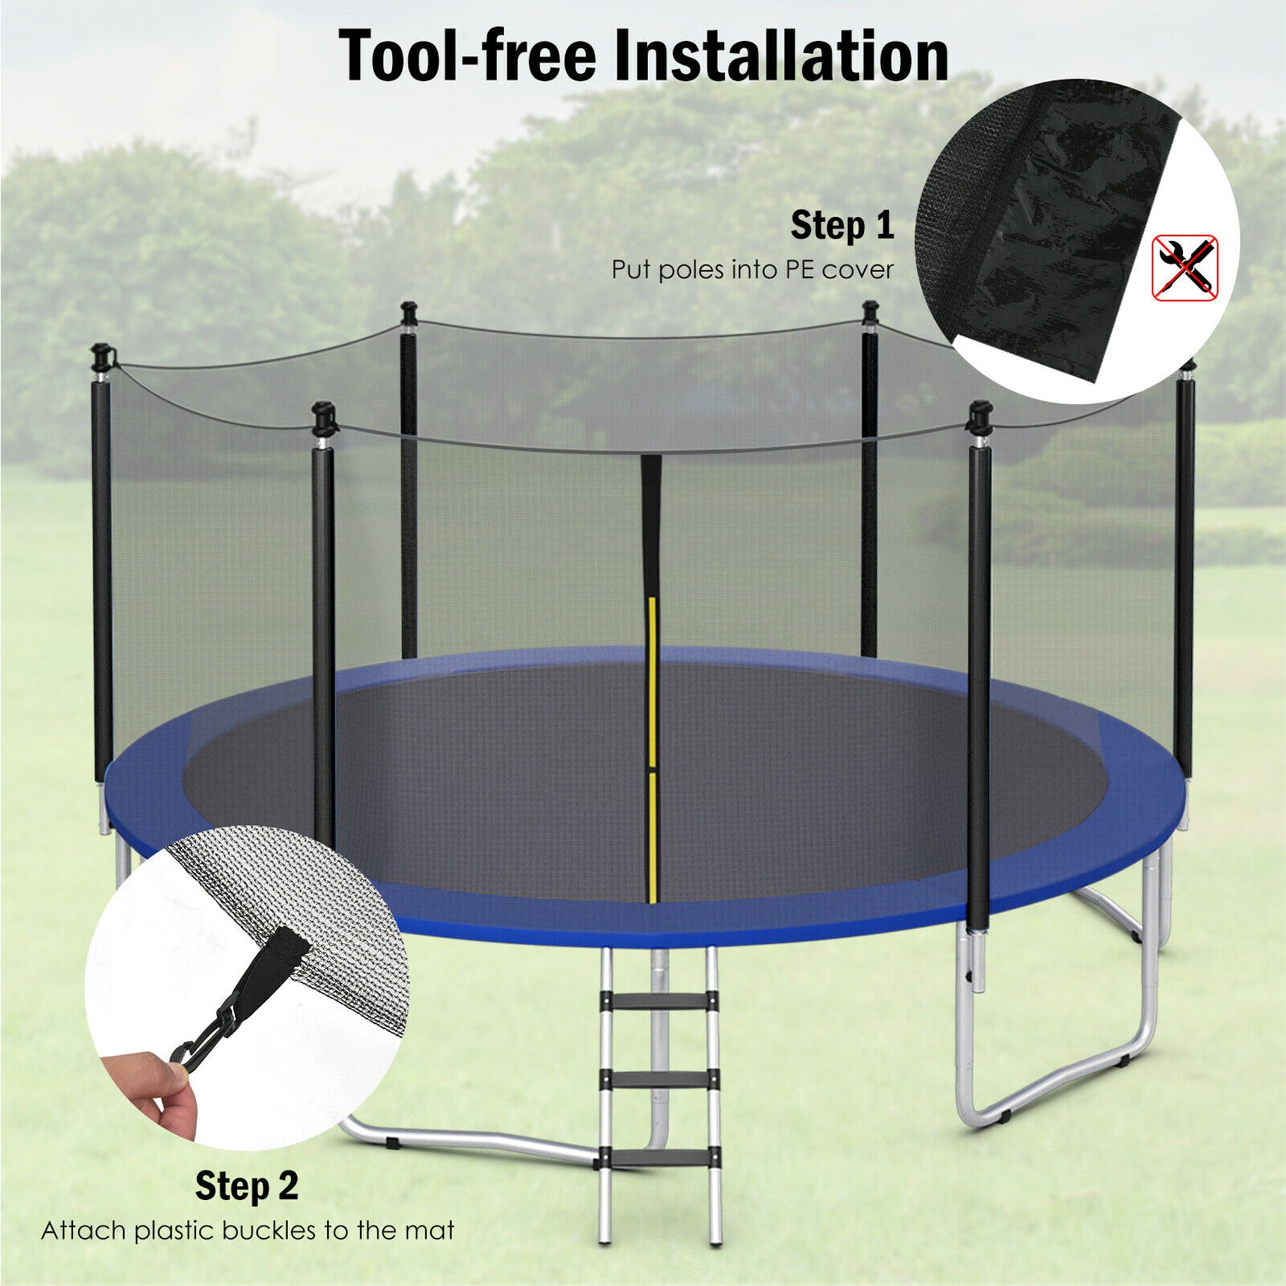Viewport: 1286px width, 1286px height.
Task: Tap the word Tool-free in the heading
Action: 467,57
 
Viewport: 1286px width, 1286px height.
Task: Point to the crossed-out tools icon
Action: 1185,267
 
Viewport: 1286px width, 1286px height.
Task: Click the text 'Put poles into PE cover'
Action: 752,269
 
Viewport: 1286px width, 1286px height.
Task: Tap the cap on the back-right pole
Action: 870,310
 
